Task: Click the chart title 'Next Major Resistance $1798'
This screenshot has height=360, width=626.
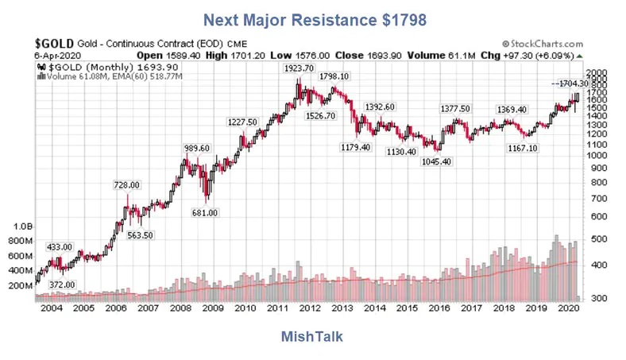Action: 313,17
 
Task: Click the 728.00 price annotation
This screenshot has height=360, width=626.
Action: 126,184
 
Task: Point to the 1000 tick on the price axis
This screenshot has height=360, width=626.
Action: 600,156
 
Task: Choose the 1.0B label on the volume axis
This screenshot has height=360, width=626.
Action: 19,226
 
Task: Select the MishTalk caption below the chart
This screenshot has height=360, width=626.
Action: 312,337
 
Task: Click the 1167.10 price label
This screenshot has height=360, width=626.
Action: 522,148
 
